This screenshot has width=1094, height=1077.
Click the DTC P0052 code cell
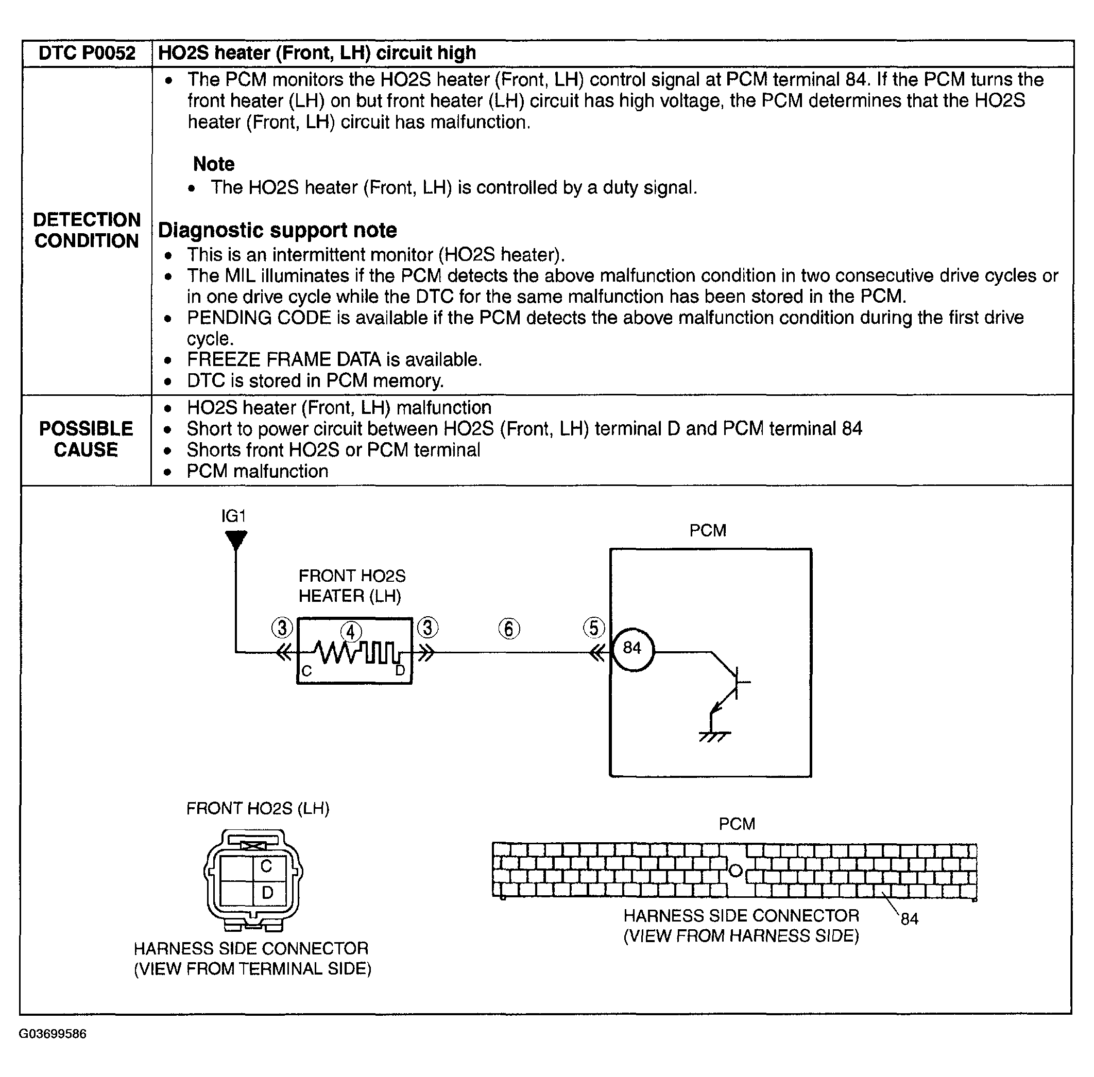(x=87, y=53)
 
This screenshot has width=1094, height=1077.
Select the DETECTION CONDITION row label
(x=86, y=230)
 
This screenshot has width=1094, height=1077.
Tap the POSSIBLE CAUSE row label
(x=86, y=439)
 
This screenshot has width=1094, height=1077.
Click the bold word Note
(x=213, y=164)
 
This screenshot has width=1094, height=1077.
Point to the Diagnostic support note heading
(x=277, y=230)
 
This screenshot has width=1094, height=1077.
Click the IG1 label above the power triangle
(x=233, y=516)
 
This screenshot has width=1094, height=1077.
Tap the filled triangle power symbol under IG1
(x=236, y=539)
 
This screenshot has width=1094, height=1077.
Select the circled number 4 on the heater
(x=351, y=632)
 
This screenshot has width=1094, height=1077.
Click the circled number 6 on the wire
(x=509, y=629)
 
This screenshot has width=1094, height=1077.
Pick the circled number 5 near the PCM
(x=594, y=628)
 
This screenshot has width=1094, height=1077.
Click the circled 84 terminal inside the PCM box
(x=632, y=649)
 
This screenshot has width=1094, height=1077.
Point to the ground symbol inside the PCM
(x=714, y=736)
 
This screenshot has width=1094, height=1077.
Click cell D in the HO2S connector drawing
(x=267, y=893)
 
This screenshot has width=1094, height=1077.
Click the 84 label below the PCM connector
(x=909, y=919)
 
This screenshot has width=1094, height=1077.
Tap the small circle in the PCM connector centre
(x=735, y=871)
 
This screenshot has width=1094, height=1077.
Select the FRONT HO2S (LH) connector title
(x=258, y=808)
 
